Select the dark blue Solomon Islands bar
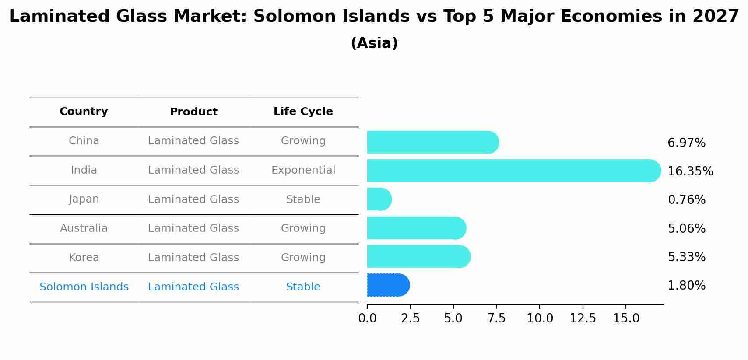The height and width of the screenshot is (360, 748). [388, 285]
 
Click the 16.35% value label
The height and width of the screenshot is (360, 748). [690, 171]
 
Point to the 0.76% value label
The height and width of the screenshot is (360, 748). [686, 200]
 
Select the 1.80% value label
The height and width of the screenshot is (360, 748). [686, 286]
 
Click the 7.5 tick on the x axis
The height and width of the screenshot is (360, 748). [496, 318]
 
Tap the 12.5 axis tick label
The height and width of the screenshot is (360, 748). [583, 318]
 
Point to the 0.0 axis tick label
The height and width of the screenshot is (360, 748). [367, 318]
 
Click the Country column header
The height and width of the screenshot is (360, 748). [84, 112]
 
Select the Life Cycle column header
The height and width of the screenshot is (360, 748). [303, 112]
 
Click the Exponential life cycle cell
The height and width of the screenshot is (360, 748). [303, 170]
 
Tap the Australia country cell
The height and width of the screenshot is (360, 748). [84, 228]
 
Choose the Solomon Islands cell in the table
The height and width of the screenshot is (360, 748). [84, 287]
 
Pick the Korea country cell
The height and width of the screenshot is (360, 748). [84, 258]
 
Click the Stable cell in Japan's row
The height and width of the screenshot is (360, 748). [303, 199]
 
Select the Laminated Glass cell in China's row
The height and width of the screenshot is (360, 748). [193, 141]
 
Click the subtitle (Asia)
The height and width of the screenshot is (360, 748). [374, 43]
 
